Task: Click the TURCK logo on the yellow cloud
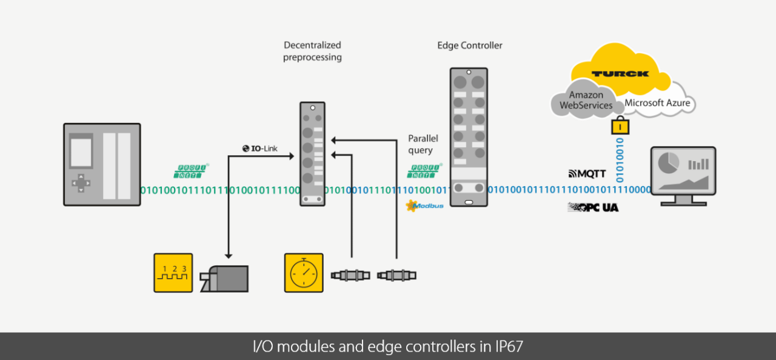coord(620,74)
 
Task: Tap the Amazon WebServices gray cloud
coord(586,100)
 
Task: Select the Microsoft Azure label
coord(657,103)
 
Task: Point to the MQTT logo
coord(587,174)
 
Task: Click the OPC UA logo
coord(593,207)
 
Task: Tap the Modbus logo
coord(425,206)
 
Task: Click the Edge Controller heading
coord(470,45)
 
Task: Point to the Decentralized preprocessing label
coord(312,51)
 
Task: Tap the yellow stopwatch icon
coord(304,273)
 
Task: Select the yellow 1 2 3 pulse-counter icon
coord(173,273)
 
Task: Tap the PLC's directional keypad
coord(80,183)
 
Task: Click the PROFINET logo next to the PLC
coord(191,172)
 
